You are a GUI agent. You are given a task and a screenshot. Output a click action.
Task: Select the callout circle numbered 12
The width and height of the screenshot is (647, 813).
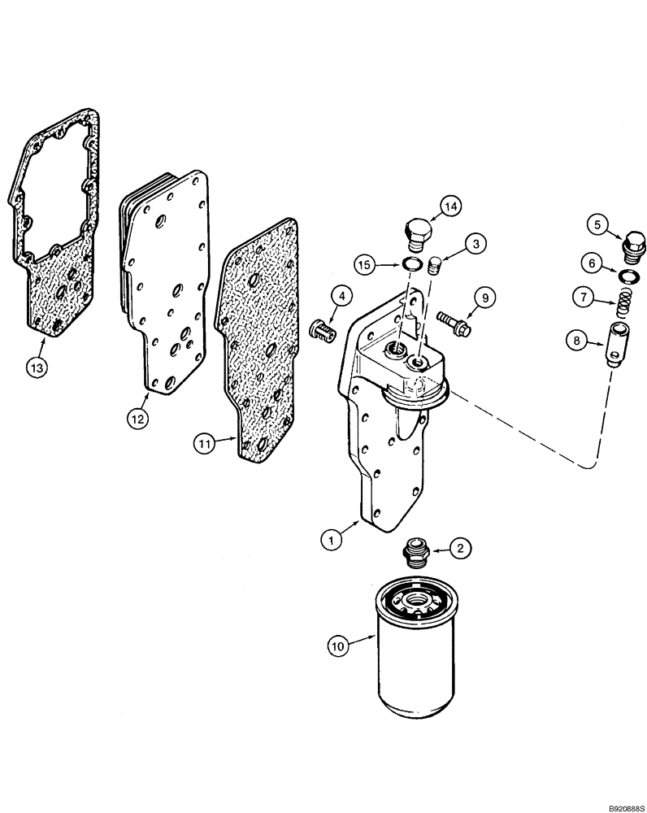coord(138,419)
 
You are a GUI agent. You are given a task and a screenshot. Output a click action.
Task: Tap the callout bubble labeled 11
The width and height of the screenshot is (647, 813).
coord(205,443)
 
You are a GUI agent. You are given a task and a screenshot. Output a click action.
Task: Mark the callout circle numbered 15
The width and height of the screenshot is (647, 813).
coord(366,263)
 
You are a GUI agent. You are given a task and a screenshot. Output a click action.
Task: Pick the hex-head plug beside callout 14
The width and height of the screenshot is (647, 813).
coord(415,230)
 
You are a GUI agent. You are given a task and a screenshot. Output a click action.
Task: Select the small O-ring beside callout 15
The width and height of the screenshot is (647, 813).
coord(413,263)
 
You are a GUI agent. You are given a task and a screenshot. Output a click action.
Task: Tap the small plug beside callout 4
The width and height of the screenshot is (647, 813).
coord(323,330)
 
